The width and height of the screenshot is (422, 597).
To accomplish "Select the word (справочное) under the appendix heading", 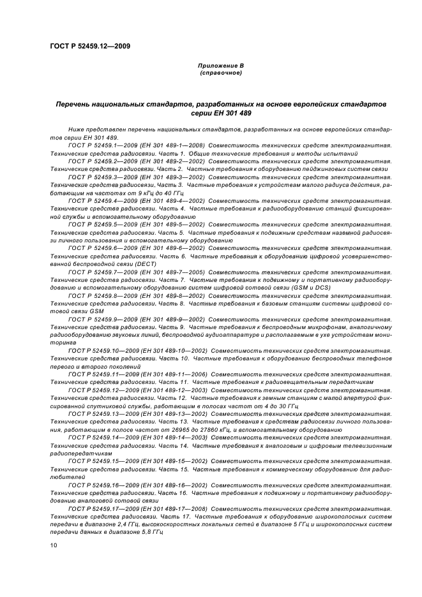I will [x=220, y=73].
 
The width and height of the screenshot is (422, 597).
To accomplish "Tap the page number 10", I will [x=54, y=544].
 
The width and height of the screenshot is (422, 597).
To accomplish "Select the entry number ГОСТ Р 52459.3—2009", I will [x=98, y=177].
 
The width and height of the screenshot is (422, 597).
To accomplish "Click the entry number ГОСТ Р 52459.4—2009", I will [x=98, y=200].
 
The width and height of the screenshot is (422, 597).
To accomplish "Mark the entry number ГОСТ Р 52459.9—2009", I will [x=98, y=318].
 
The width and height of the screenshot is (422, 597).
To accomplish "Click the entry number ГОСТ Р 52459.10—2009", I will [x=100, y=350].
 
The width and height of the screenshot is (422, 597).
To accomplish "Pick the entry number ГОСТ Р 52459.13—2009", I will [x=100, y=413].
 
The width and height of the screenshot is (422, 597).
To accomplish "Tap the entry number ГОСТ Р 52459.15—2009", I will [x=100, y=461].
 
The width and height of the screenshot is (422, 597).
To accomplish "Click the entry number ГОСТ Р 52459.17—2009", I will [x=100, y=508].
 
